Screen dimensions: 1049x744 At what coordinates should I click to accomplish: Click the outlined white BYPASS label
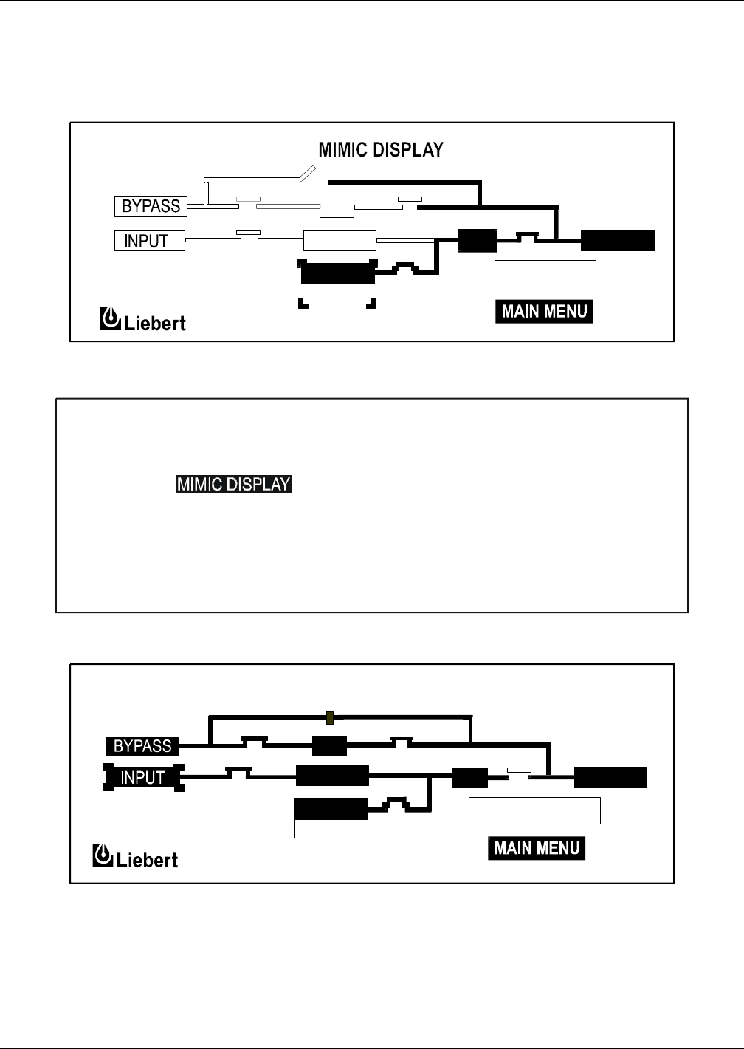[x=151, y=206]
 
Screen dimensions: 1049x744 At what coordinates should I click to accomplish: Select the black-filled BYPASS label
[x=142, y=746]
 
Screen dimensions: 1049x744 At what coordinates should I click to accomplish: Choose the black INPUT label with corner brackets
[x=142, y=777]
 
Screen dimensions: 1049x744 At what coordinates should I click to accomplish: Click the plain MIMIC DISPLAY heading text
[x=380, y=150]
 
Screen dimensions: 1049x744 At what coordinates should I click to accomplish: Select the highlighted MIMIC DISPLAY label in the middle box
[x=233, y=485]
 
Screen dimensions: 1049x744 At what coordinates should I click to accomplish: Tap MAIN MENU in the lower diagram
[x=537, y=847]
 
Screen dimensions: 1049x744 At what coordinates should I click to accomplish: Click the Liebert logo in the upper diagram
[x=142, y=321]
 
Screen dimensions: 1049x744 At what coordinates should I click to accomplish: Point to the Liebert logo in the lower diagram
[x=135, y=858]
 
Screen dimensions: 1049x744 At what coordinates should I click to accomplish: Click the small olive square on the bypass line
[x=330, y=716]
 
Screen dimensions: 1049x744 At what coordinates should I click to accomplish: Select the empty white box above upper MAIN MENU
[x=545, y=273]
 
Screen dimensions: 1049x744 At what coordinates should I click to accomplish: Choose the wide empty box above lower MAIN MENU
[x=534, y=810]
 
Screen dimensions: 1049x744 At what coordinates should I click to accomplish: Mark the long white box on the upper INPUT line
[x=340, y=241]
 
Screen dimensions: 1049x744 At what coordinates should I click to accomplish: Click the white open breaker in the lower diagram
[x=519, y=770]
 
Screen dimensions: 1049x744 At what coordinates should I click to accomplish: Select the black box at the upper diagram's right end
[x=617, y=241]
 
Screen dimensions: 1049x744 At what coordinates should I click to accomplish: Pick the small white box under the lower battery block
[x=331, y=829]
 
